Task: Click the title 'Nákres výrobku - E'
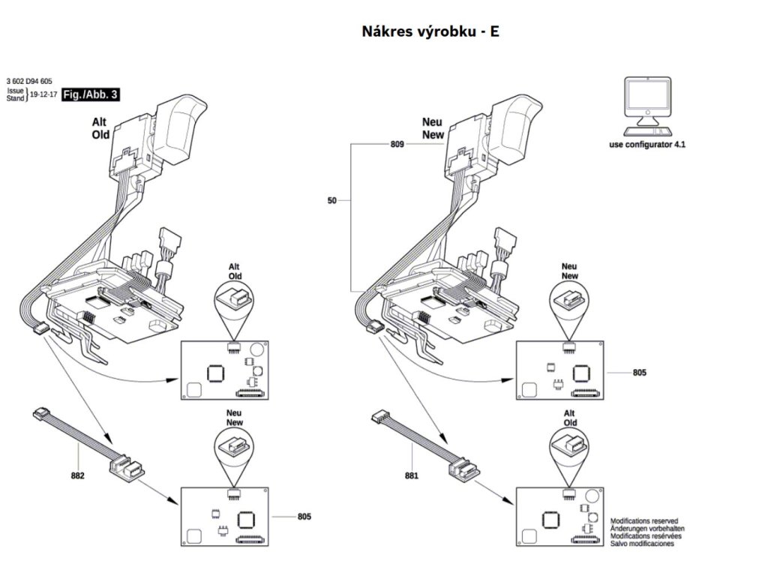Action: pyautogui.click(x=430, y=32)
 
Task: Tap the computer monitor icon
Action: pyautogui.click(x=647, y=103)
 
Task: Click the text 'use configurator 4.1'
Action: pyautogui.click(x=647, y=143)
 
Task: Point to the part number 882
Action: pyautogui.click(x=77, y=475)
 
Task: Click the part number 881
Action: pyautogui.click(x=411, y=475)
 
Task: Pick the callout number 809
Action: pyautogui.click(x=397, y=142)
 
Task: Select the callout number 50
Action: pyautogui.click(x=332, y=201)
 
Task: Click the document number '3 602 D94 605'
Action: pyautogui.click(x=29, y=80)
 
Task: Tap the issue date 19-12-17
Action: pyautogui.click(x=43, y=95)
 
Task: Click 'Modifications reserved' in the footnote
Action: pyautogui.click(x=644, y=520)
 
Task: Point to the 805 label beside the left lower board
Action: pyautogui.click(x=304, y=516)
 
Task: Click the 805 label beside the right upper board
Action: pyautogui.click(x=639, y=372)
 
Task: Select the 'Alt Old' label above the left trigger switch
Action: pyautogui.click(x=100, y=128)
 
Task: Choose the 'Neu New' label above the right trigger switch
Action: pyautogui.click(x=433, y=128)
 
